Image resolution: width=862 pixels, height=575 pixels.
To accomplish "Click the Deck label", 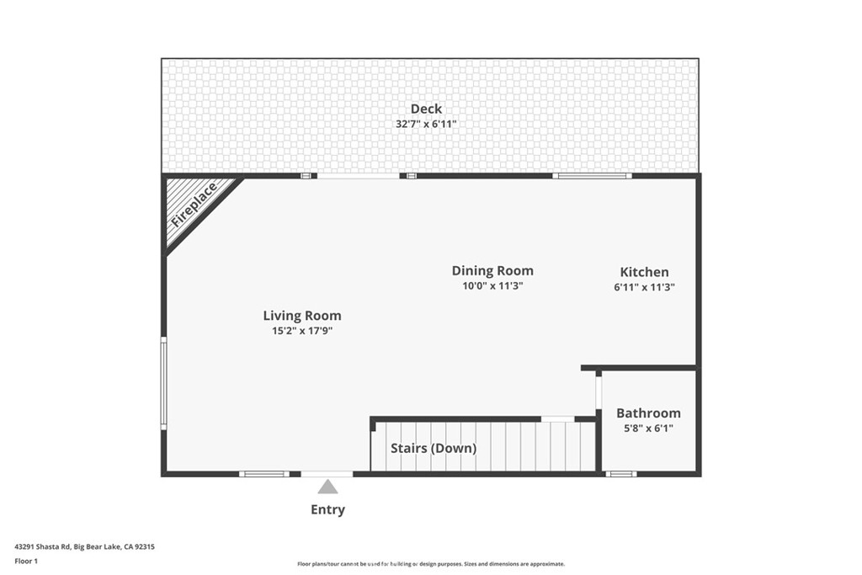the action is [x=426, y=109].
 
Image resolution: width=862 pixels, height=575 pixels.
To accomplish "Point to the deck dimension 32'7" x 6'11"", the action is [x=426, y=125].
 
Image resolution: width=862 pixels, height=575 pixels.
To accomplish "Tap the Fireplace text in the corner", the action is [x=194, y=205].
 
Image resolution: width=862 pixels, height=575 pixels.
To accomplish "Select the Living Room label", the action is [x=302, y=316].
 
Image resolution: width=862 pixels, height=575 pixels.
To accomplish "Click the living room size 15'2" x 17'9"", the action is [x=302, y=331].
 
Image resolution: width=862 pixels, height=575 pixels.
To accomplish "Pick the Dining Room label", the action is [x=492, y=270].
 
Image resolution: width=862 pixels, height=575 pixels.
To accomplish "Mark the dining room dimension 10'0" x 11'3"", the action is [x=492, y=286].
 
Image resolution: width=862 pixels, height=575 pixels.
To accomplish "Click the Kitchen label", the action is [x=644, y=272].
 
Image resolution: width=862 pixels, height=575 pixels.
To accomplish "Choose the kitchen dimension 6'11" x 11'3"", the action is [x=644, y=287].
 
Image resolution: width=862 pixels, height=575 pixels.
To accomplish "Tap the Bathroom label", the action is [x=648, y=413].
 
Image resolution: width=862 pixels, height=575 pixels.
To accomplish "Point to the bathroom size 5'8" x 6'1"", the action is [x=648, y=429].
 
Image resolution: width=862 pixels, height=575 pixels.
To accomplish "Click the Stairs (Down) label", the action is [x=434, y=449].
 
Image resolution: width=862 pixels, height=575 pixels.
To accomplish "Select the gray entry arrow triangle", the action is [x=327, y=487].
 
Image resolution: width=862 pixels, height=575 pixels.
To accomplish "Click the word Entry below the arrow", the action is [x=327, y=509].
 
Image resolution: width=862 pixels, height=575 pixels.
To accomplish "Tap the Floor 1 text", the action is [x=26, y=562].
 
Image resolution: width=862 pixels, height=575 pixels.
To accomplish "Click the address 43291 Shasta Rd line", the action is [x=85, y=547].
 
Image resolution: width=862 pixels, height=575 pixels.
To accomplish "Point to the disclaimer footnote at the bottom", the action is [x=431, y=564].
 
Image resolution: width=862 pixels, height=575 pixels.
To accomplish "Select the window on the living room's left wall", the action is [x=163, y=384].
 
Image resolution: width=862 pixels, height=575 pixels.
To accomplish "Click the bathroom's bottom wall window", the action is [x=620, y=474].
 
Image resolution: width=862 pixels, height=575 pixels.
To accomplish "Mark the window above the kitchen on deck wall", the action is [x=592, y=176].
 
